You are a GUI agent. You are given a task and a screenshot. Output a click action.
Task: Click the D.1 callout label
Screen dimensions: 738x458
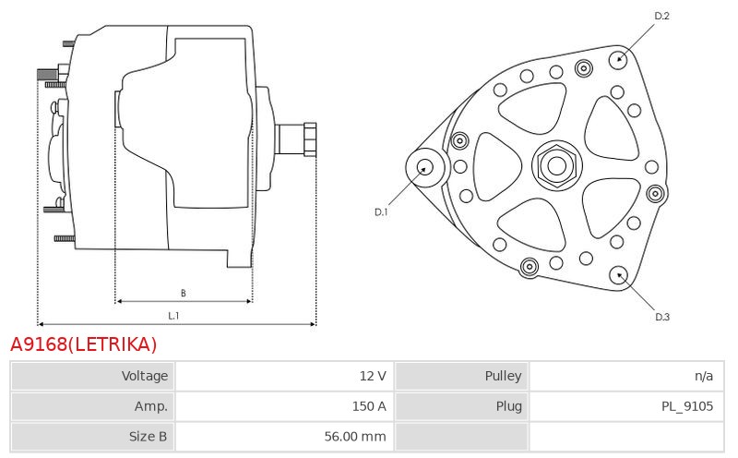tap(381, 212)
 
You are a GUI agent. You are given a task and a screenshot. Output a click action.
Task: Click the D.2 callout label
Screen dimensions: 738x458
tap(661, 16)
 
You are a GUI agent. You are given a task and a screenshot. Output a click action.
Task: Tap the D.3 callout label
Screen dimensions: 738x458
tap(662, 317)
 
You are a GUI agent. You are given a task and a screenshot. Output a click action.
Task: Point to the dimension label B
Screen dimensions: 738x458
tap(184, 293)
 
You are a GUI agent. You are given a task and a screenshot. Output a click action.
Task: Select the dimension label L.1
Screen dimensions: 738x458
tap(173, 316)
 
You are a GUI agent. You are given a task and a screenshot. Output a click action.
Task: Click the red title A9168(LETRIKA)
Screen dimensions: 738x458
tap(83, 344)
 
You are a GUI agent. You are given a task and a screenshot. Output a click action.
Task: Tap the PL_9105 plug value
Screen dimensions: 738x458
tap(687, 406)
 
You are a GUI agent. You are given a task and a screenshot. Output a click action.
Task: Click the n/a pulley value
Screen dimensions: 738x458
tap(704, 376)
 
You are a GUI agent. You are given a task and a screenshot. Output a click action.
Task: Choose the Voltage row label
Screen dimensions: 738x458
tap(145, 376)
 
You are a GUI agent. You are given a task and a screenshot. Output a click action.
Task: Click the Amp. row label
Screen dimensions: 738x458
tap(151, 406)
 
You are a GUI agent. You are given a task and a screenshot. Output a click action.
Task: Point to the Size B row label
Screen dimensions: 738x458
tap(148, 437)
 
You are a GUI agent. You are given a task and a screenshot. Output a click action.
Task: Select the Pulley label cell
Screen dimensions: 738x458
tap(462, 376)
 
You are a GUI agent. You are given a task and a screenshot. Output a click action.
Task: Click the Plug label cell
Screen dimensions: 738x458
tap(462, 406)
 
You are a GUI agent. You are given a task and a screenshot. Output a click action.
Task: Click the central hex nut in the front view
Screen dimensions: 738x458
tap(557, 165)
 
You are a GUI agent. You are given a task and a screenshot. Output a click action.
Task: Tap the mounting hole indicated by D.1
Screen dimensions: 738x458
tap(425, 167)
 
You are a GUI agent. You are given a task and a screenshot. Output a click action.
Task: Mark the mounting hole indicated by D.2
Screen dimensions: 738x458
tap(619, 59)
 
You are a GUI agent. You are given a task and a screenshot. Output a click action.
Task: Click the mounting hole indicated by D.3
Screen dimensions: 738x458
tap(618, 276)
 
